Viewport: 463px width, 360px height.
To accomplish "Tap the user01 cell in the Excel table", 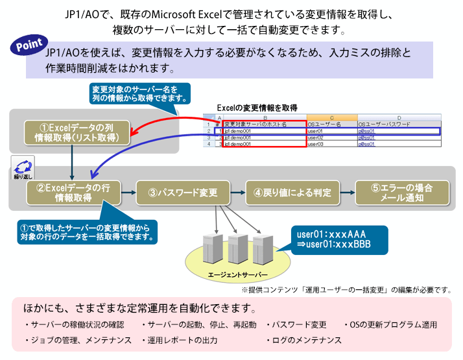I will coord(331,130).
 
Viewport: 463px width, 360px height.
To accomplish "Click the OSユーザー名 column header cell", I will coord(331,124).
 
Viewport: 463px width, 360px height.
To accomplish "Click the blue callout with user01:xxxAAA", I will coord(337,238).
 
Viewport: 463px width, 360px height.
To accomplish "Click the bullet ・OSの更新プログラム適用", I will coord(389,324).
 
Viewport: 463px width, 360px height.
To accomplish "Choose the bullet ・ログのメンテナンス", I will coord(303,340).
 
